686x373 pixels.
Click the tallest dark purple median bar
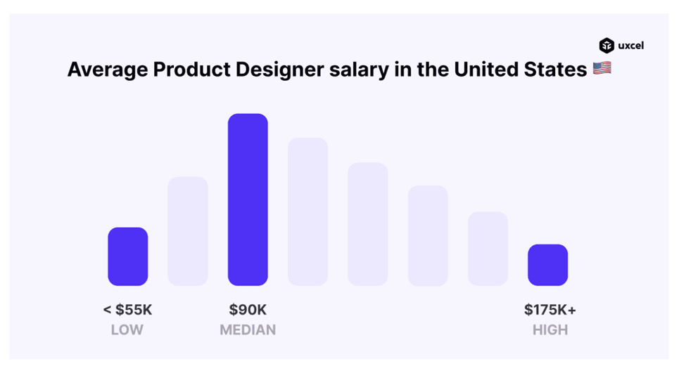point(248,199)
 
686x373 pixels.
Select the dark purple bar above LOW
point(127,256)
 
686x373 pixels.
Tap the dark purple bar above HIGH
point(547,265)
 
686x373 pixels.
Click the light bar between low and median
point(187,231)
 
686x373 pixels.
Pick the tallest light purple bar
point(307,211)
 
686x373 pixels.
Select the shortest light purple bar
point(488,248)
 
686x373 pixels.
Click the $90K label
point(248,310)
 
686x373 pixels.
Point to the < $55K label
point(127,310)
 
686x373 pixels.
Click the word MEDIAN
point(248,329)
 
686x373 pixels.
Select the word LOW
point(127,329)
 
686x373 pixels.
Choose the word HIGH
point(550,329)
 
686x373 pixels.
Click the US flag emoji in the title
point(602,69)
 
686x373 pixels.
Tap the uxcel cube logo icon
point(606,46)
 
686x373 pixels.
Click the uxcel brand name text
point(630,46)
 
